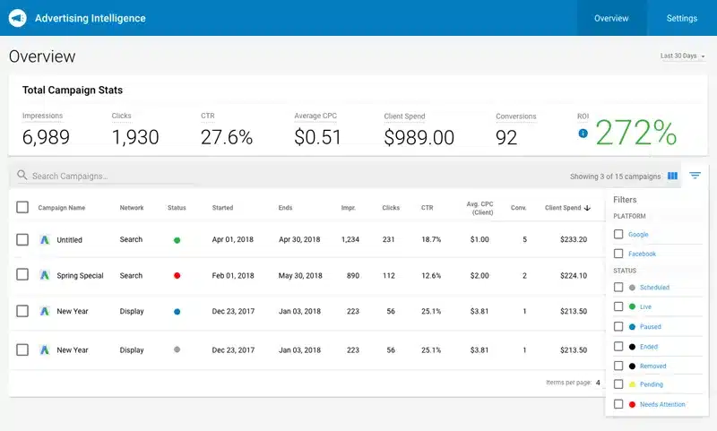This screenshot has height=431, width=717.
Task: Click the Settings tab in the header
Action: pyautogui.click(x=681, y=18)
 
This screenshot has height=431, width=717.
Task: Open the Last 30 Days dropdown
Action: pyautogui.click(x=682, y=56)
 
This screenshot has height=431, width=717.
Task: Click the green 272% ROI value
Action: pyautogui.click(x=635, y=133)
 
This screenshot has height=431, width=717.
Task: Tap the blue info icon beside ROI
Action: pyautogui.click(x=583, y=134)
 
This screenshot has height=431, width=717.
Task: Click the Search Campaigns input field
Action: pyautogui.click(x=108, y=177)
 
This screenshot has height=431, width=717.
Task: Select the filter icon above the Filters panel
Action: pyautogui.click(x=695, y=176)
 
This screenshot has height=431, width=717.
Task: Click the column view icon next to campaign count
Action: pyautogui.click(x=672, y=176)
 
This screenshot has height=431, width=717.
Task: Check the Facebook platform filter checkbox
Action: pyautogui.click(x=618, y=254)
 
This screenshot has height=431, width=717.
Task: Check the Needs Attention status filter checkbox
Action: pyautogui.click(x=618, y=404)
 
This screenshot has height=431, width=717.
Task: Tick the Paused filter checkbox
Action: pyautogui.click(x=618, y=326)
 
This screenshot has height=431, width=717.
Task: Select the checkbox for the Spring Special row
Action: pyautogui.click(x=22, y=275)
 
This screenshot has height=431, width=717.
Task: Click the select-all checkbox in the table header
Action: pyautogui.click(x=22, y=208)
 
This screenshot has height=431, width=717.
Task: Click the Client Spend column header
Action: pyautogui.click(x=563, y=208)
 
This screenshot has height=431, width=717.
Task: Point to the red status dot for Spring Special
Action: pyautogui.click(x=177, y=276)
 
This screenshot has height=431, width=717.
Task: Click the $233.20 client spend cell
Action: pyautogui.click(x=567, y=240)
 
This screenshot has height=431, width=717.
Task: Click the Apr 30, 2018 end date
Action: pyautogui.click(x=298, y=240)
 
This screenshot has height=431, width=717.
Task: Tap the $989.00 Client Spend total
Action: pyautogui.click(x=419, y=137)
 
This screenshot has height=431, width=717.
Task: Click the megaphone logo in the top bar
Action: pyautogui.click(x=17, y=18)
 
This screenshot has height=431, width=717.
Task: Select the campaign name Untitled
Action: pyautogui.click(x=69, y=240)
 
